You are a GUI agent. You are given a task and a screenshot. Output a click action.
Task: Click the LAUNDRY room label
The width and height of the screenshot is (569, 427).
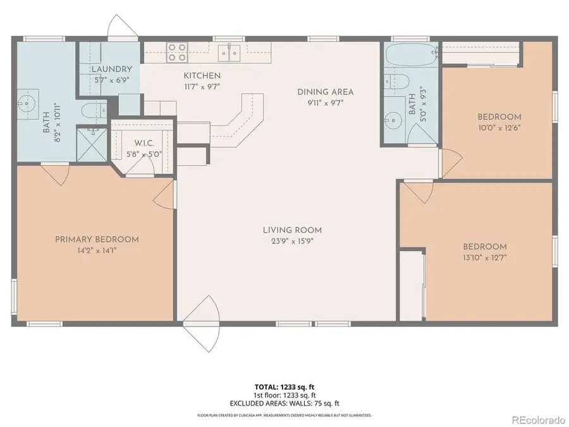111,69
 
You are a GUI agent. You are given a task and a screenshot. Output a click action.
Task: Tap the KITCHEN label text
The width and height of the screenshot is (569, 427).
202,76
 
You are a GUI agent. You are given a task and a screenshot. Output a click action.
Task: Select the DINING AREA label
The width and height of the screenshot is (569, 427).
326,92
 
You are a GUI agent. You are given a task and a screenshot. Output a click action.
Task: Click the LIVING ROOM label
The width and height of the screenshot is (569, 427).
292,230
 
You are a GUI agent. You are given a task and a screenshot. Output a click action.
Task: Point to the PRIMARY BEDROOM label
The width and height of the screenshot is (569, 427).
97,239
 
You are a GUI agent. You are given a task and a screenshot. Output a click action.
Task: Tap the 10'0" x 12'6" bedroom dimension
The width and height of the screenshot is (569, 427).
499,127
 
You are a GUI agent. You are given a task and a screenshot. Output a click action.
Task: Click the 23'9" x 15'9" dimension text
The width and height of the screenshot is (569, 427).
292,241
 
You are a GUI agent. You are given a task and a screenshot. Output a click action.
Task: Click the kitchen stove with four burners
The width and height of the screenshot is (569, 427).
177,51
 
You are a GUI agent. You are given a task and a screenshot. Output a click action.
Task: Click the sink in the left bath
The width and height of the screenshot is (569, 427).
27,105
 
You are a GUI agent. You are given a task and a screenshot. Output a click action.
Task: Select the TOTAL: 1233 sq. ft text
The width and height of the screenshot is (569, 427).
284,386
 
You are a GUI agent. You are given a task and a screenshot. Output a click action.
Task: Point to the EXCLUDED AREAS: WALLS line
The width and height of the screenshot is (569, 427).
284,402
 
